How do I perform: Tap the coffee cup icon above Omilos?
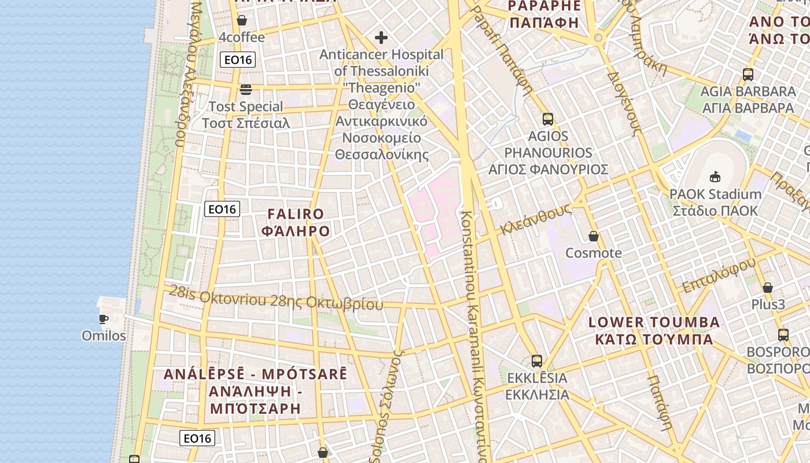[104, 319]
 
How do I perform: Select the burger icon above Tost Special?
[246, 90]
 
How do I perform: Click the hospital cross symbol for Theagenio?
[381, 38]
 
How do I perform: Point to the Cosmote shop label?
[594, 253]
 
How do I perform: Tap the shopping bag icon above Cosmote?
[594, 236]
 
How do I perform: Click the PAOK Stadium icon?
[715, 177]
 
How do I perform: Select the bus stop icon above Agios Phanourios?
[548, 120]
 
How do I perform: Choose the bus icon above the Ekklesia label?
[537, 361]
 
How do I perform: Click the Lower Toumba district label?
[654, 330]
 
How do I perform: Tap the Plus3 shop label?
[768, 304]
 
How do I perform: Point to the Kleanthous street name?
[535, 219]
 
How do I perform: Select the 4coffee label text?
[242, 38]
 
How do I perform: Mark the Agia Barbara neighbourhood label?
[748, 100]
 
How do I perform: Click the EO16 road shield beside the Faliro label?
[222, 209]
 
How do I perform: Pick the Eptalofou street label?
[719, 275]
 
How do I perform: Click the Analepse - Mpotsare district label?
[255, 391]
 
